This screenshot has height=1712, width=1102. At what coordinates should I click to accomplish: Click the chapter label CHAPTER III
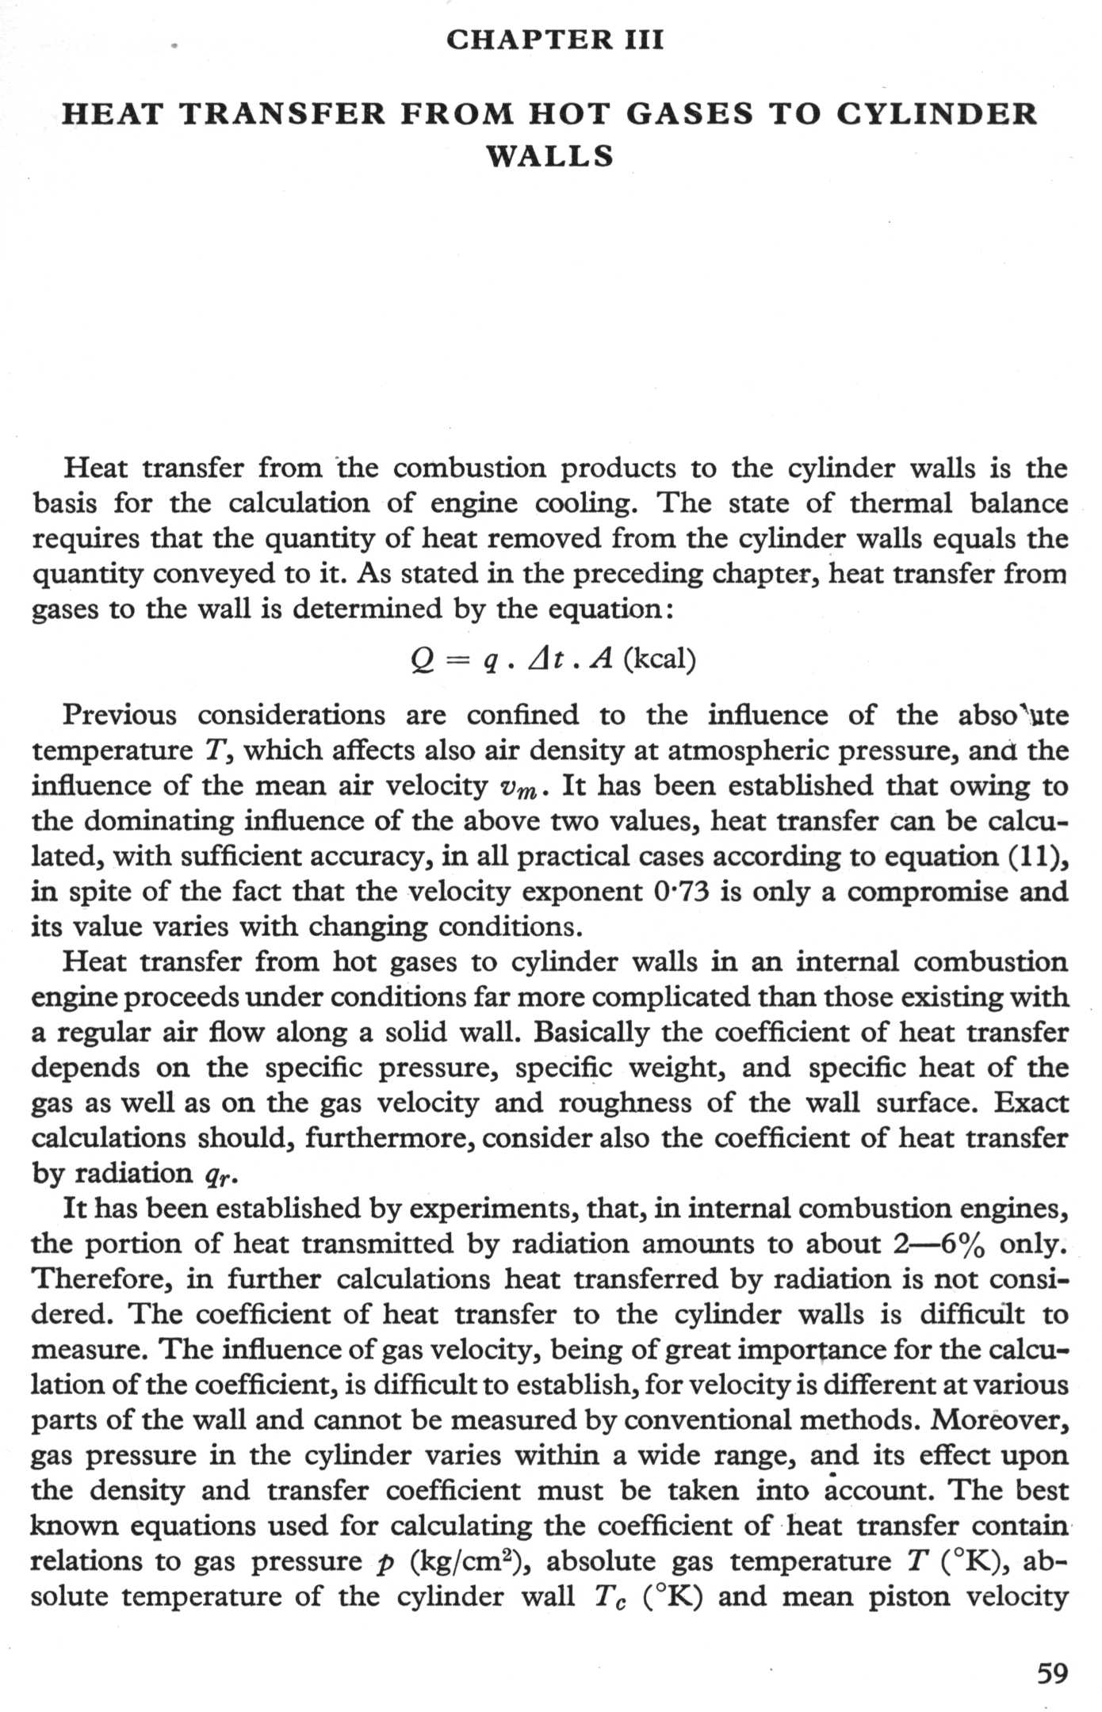coord(554,40)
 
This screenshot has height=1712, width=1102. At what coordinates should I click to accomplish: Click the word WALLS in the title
coord(550,155)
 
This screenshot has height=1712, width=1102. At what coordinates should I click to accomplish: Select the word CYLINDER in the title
coord(937,113)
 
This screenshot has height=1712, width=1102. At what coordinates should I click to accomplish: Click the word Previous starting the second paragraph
coord(120,715)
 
